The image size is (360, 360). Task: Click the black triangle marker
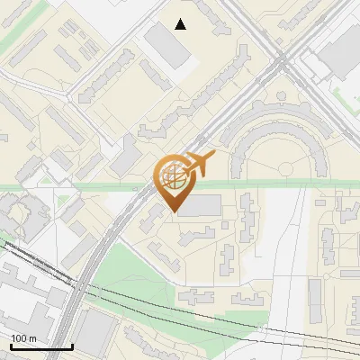point(181,24)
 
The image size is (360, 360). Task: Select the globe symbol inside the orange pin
point(173,177)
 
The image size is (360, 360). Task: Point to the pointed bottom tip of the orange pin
point(173,212)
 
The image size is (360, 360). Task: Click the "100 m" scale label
point(23,337)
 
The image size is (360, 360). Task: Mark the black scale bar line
point(41,346)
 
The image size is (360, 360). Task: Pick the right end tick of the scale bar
point(72,345)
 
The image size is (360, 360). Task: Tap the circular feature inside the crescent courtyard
point(286,167)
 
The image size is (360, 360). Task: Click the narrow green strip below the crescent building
point(270,184)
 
